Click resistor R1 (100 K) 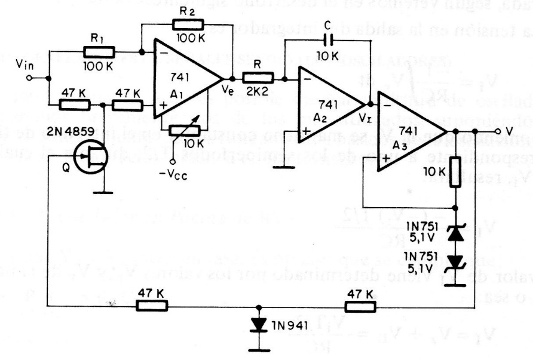click(96, 53)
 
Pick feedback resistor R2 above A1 click(188, 24)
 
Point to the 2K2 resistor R click(258, 77)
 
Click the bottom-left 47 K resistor click(152, 306)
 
